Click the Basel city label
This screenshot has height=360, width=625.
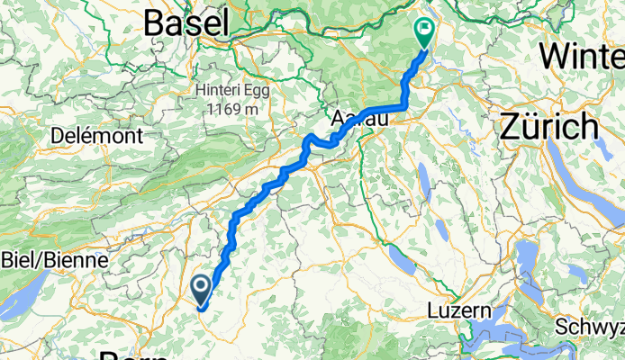click(x=186, y=23)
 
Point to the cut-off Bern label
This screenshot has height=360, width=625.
click(x=131, y=354)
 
